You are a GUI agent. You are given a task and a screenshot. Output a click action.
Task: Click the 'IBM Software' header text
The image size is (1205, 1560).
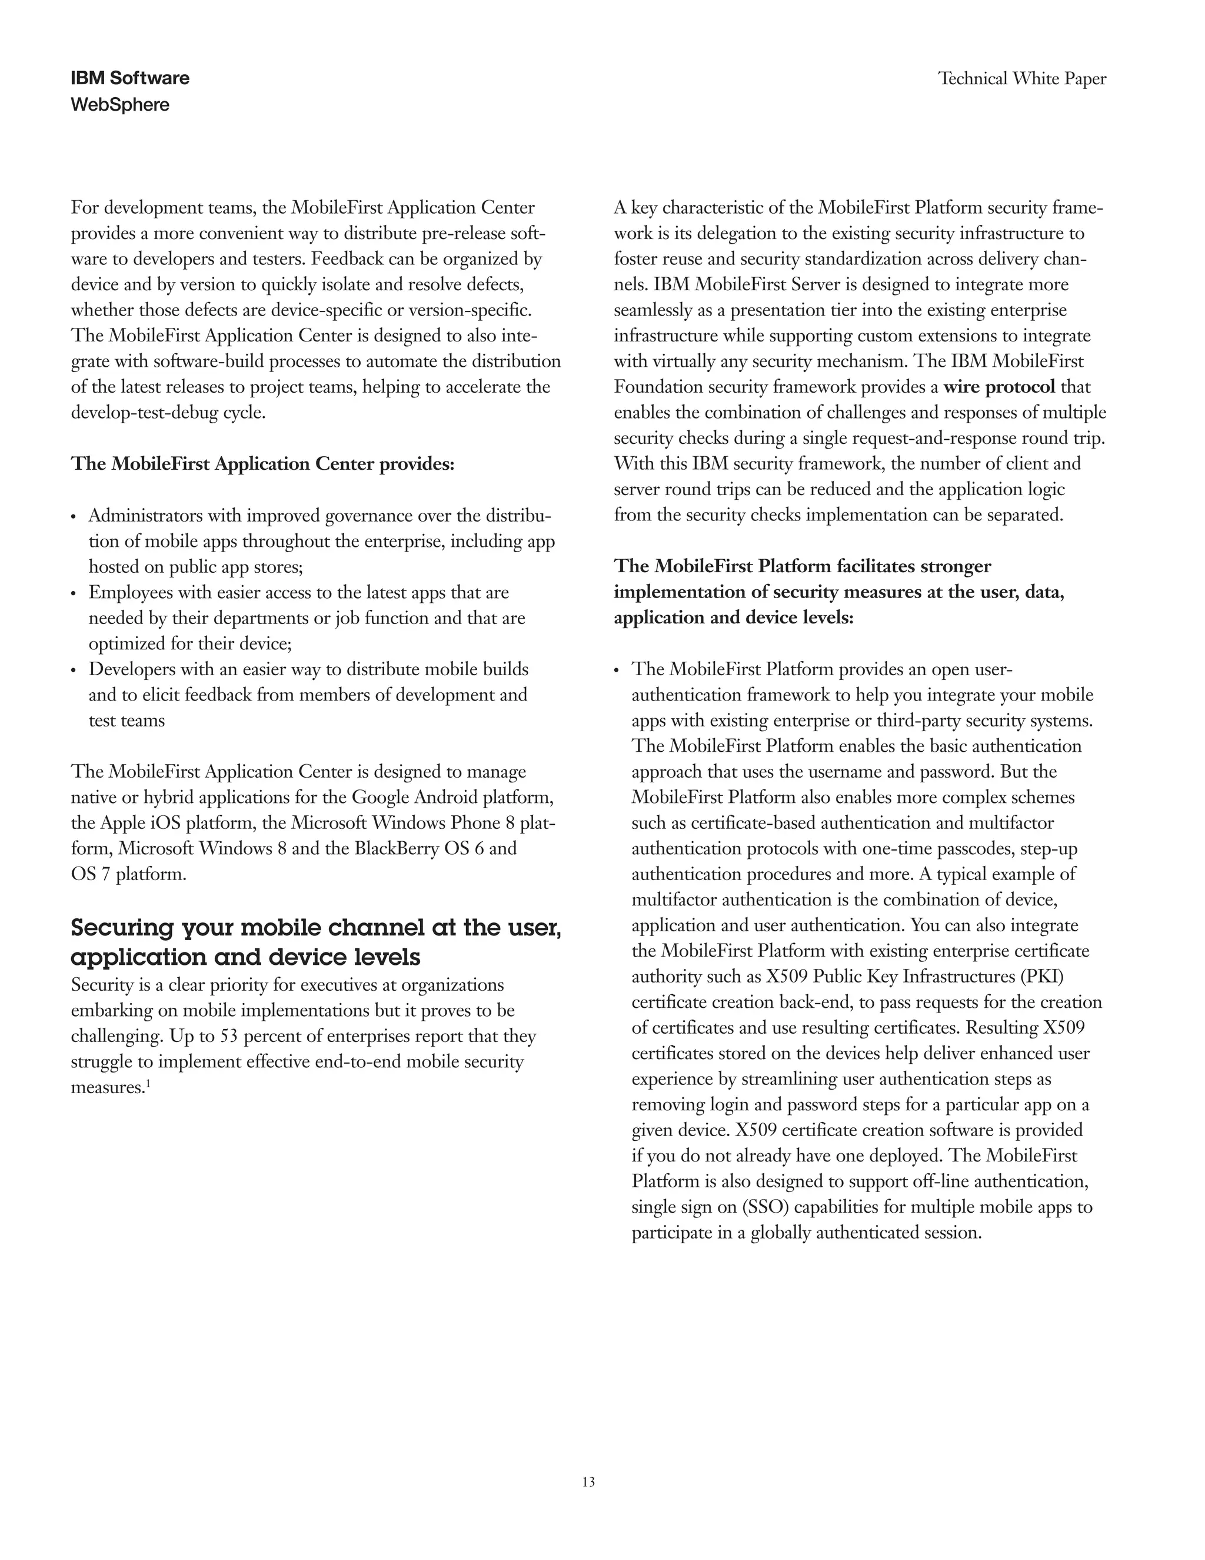point(130,78)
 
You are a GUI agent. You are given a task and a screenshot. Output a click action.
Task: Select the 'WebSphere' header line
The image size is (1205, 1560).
point(120,105)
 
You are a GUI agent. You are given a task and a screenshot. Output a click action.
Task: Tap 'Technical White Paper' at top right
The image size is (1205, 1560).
point(1021,78)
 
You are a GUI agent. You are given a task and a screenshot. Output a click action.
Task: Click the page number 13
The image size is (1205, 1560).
point(588,1482)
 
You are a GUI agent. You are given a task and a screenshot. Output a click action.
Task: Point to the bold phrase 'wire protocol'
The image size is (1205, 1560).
point(998,387)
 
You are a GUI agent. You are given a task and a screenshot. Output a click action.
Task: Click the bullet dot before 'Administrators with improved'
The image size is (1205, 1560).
point(74,517)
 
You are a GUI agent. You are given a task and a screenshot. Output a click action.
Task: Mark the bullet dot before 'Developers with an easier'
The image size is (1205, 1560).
point(74,671)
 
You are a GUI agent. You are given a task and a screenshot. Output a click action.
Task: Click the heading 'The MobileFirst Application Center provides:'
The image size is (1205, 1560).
point(262,464)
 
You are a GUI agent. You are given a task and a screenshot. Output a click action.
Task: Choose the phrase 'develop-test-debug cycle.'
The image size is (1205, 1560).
point(168,413)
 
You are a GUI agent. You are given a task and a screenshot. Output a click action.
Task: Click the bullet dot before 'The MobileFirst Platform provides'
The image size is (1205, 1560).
point(617,671)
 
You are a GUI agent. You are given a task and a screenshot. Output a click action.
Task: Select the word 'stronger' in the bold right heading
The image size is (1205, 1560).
point(956,566)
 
